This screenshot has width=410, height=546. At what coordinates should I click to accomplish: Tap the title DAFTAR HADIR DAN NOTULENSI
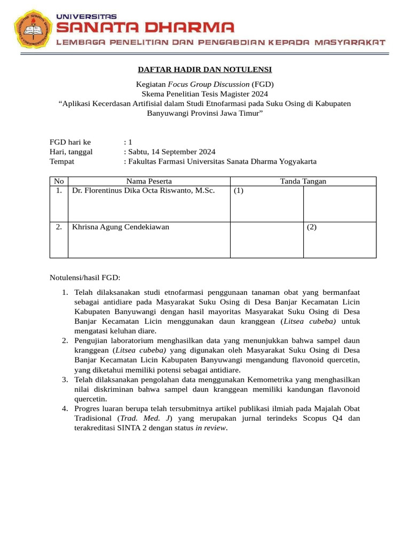pyautogui.click(x=205, y=70)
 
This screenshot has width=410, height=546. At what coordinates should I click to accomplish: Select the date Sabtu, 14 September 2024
pyautogui.click(x=171, y=152)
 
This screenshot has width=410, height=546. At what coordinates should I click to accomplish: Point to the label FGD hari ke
pyautogui.click(x=70, y=142)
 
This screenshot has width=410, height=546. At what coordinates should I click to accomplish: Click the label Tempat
pyautogui.click(x=61, y=162)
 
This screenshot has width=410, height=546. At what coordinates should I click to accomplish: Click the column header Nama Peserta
pyautogui.click(x=149, y=181)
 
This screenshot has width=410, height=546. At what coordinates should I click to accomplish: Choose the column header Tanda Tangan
pyautogui.click(x=303, y=181)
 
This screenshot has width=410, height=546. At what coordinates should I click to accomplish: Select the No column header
pyautogui.click(x=59, y=181)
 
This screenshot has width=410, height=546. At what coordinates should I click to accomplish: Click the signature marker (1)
pyautogui.click(x=239, y=191)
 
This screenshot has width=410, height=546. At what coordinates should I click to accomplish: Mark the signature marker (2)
pyautogui.click(x=311, y=227)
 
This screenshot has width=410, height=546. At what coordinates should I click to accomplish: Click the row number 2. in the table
pyautogui.click(x=59, y=227)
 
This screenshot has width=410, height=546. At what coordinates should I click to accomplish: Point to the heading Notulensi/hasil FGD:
pyautogui.click(x=85, y=278)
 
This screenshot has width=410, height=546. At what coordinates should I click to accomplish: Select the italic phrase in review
pyautogui.click(x=211, y=428)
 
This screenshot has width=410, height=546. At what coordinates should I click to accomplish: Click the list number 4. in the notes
pyautogui.click(x=64, y=408)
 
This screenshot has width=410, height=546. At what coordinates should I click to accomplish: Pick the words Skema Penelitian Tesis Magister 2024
pyautogui.click(x=205, y=93)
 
